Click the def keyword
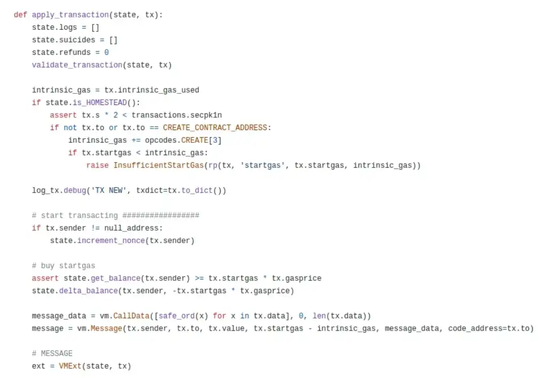coord(20,15)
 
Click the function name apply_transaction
coord(70,15)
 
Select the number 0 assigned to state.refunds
coord(107,52)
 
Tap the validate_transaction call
coord(77,65)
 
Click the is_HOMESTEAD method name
coord(100,103)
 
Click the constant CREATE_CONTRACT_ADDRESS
coord(215,127)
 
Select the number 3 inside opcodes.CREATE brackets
coord(215,140)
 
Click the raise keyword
coord(97,165)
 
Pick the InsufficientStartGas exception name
coord(159,165)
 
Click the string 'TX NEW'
coord(109,190)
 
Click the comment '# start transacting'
coord(75,215)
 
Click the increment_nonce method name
coord(111,240)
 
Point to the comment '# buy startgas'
coord(64,266)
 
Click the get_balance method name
coord(116,278)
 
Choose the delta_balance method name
coord(88,291)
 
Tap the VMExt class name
coord(70,366)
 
